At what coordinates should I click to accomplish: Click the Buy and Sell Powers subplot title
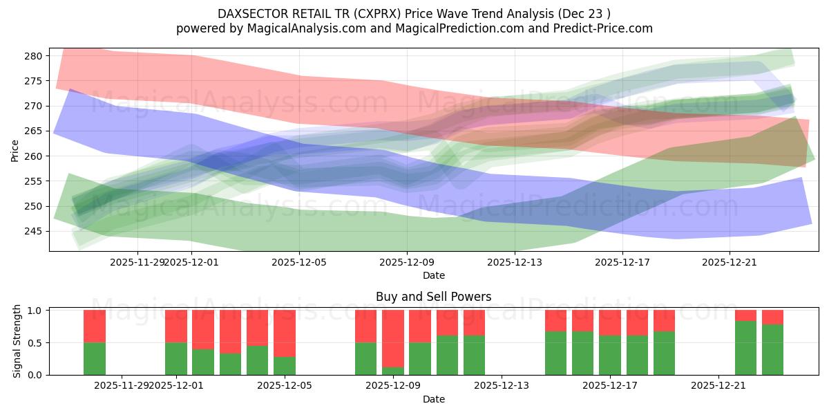coord(433,297)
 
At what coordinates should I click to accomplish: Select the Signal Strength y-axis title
coord(17,342)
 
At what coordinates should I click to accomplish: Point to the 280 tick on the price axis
coord(35,56)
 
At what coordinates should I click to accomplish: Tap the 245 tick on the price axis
coord(35,232)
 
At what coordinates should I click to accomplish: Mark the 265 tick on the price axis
coord(35,131)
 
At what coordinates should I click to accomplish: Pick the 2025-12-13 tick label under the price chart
coord(514,262)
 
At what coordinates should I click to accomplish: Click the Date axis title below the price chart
coord(433,275)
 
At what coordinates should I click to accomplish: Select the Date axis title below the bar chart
coord(433,399)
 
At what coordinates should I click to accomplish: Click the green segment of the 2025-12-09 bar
coord(393,371)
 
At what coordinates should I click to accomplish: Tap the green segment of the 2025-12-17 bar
coord(610,355)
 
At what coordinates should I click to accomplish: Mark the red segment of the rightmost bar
coord(772,317)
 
